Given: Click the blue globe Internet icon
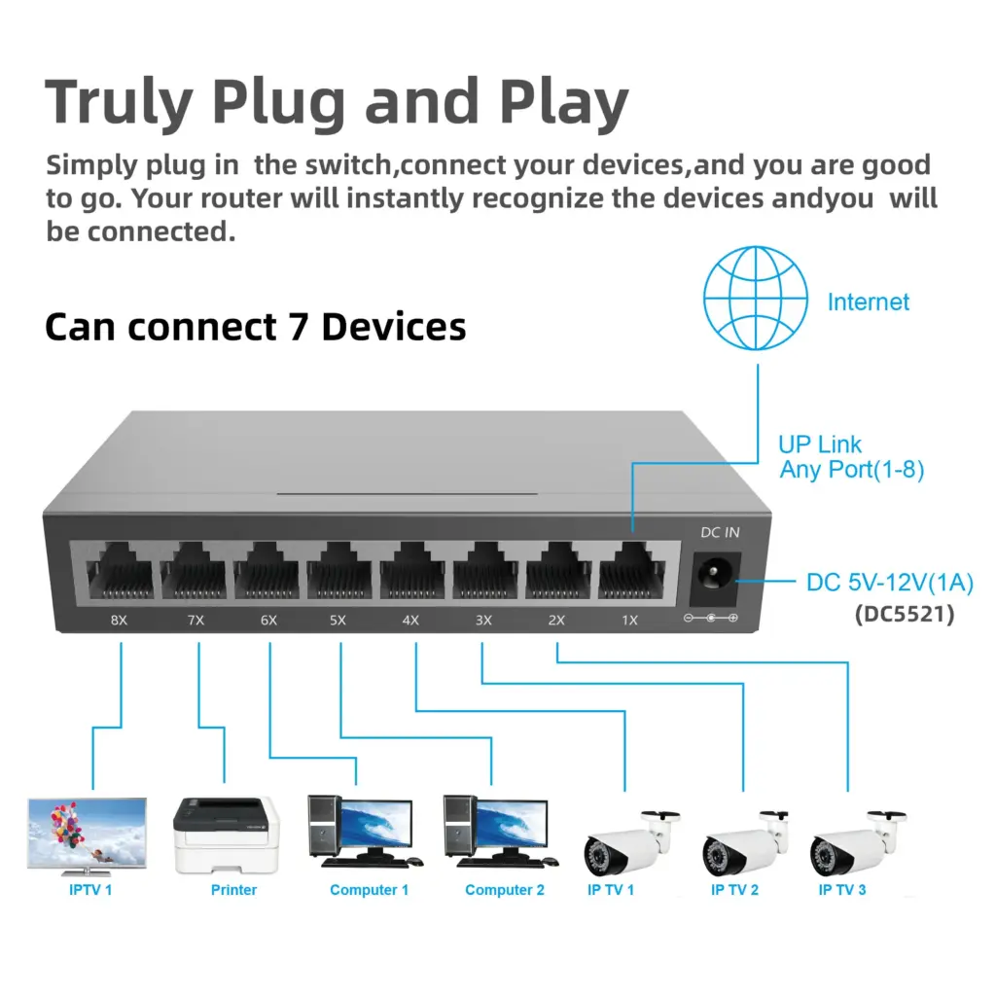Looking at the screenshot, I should [756, 298].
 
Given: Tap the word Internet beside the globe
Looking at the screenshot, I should [868, 302].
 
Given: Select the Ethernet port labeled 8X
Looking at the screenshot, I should [120, 576].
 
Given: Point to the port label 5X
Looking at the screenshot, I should [338, 620].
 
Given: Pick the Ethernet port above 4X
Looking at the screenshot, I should [411, 576].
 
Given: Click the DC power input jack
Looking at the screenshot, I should [715, 580].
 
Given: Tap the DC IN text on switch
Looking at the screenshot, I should [720, 532].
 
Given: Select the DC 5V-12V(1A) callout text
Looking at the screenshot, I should [889, 583].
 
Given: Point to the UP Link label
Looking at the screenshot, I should [820, 445].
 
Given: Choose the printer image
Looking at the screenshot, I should [226, 835].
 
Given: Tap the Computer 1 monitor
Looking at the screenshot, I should [374, 826].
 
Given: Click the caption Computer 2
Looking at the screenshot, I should [504, 890].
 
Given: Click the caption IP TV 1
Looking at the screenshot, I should [611, 890].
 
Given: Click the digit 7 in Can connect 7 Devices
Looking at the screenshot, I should [298, 327].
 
